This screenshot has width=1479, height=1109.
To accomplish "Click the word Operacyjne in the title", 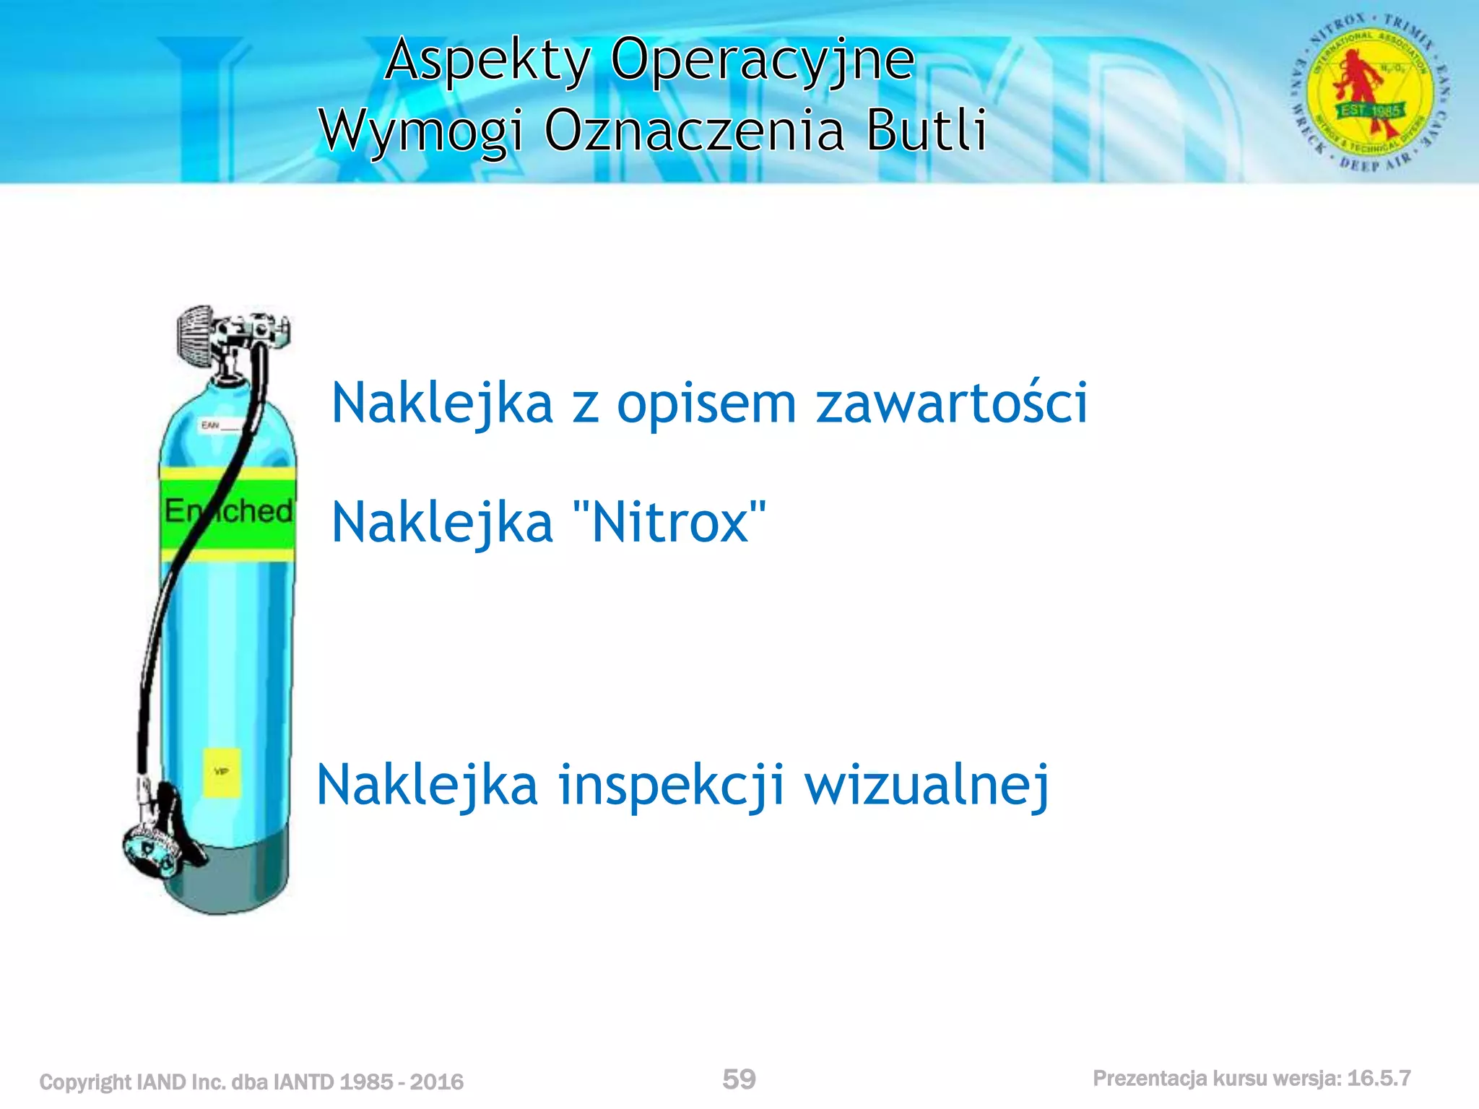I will pos(763,61).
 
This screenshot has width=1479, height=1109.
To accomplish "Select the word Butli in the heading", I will pos(927,131).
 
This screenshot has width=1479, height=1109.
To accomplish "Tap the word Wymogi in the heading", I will pos(422,131).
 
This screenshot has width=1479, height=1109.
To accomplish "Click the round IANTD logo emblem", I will pos(1370,92).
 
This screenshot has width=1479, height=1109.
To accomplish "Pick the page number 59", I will pos(739,1079).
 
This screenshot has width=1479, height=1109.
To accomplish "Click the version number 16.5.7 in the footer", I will pos(1379,1079).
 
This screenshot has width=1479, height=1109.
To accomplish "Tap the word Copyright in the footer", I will pos(85,1082).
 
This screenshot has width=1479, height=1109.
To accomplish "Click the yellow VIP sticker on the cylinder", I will pos(222,773).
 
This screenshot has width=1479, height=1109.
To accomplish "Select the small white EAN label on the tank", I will pos(219,425).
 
